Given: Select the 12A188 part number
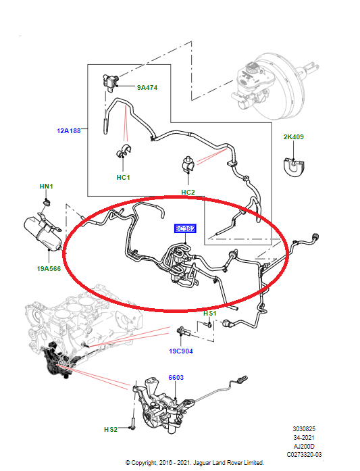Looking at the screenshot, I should (68, 131).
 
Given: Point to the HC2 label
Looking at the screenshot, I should (188, 193).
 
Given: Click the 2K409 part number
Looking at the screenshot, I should (293, 137).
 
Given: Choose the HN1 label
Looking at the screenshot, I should (45, 186).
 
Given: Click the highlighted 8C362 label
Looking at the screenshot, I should (185, 229).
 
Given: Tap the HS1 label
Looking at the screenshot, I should (210, 314).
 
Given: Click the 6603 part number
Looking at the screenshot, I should (176, 377).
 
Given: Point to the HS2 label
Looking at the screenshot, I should (110, 429).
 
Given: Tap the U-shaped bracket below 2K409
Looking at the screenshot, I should (294, 166).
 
